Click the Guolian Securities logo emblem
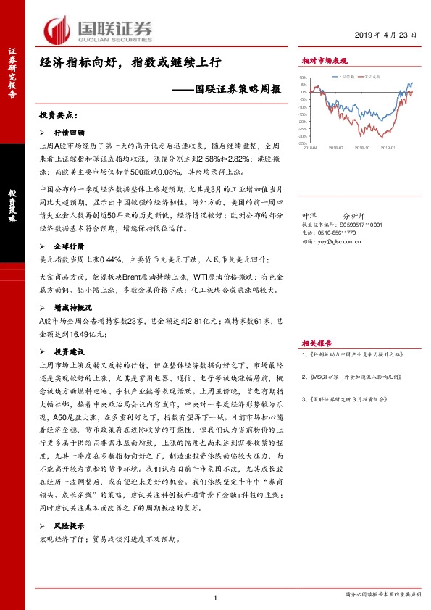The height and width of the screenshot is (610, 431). [58, 30]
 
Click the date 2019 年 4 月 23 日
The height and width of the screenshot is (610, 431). [382, 35]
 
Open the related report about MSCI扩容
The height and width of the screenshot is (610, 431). [351, 377]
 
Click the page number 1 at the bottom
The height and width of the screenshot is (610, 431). [216, 597]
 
